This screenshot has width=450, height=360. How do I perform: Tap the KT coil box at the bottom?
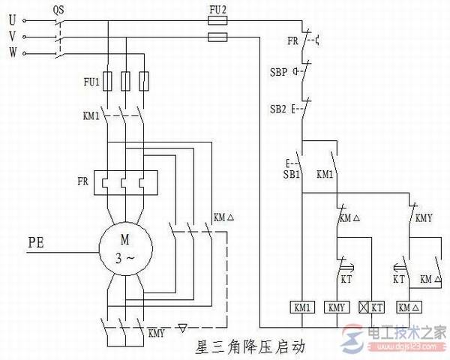click(371, 307)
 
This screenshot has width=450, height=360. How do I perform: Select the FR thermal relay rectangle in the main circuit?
click(124, 182)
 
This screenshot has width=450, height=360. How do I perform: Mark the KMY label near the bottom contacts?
click(157, 332)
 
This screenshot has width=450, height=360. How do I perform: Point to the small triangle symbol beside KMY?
click(184, 328)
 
